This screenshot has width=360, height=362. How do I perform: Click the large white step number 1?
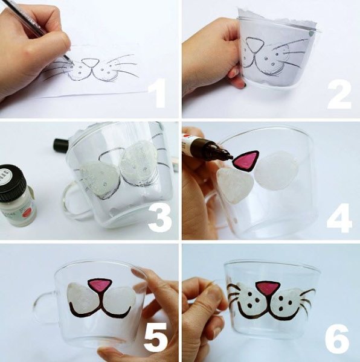(157, 93)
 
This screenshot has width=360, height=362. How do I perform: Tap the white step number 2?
(339, 94)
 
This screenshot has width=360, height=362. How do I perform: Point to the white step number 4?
(339, 218)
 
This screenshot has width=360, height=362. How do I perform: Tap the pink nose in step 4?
(245, 161)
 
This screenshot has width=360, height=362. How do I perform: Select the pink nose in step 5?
(100, 286)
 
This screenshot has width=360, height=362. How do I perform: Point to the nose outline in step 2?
(254, 45)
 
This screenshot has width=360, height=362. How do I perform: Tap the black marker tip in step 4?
(229, 157)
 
